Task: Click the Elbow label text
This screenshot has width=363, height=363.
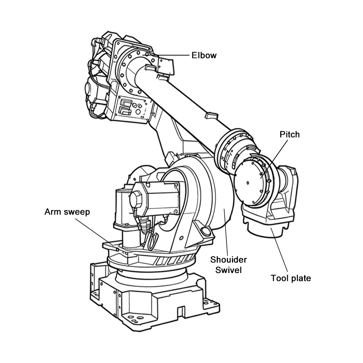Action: (x=204, y=56)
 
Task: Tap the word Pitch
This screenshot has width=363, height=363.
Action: (x=289, y=134)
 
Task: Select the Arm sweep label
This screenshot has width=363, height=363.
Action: (x=67, y=212)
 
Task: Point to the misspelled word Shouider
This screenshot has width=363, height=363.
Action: (x=229, y=260)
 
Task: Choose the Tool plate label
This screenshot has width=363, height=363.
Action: (x=291, y=278)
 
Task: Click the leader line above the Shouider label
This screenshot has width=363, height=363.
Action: (x=226, y=232)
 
